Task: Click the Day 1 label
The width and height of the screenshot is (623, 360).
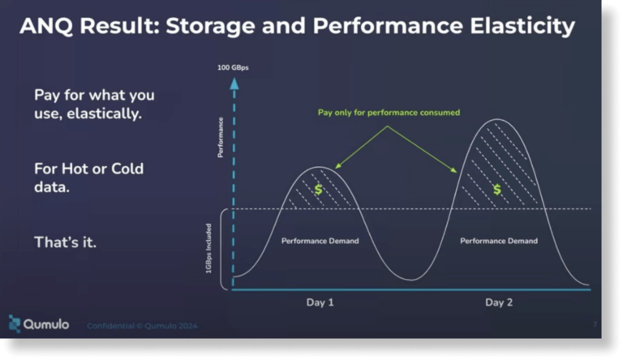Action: [320, 302]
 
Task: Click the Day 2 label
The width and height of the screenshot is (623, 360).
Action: [499, 302]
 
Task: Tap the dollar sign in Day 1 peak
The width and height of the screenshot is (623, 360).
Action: [319, 190]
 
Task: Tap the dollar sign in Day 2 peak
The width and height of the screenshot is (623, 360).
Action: [497, 189]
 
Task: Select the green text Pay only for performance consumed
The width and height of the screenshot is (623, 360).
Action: [388, 113]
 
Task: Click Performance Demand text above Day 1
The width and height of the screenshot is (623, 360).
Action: [320, 241]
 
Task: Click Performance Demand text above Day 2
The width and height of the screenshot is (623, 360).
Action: [498, 241]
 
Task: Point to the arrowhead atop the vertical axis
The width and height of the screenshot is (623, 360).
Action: [234, 83]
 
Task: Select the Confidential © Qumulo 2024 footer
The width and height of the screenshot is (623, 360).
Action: [142, 325]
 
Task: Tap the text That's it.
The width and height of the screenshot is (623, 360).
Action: [65, 242]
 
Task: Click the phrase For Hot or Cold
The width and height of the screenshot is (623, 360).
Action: [88, 169]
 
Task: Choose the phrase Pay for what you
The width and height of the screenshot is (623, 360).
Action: [94, 95]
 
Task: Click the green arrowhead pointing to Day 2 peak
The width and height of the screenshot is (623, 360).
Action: [453, 170]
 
